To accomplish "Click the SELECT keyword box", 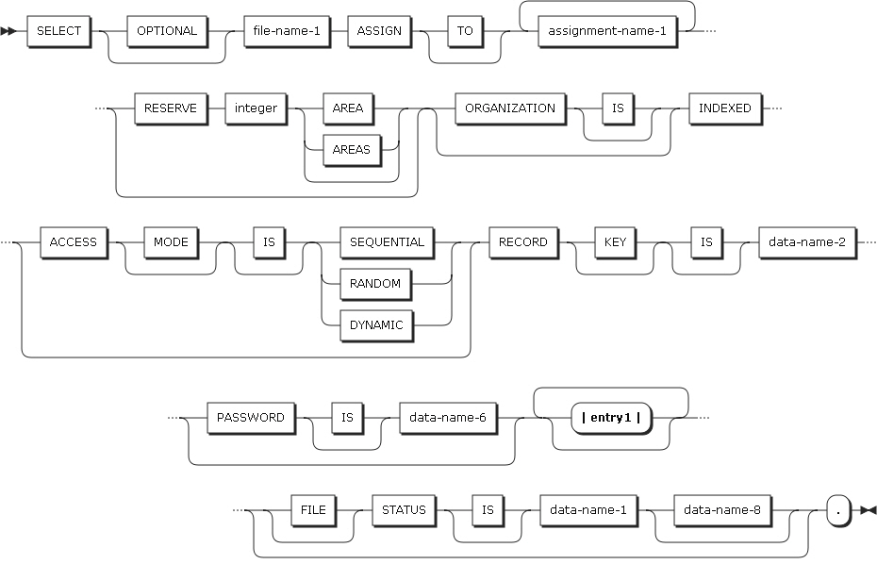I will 58,30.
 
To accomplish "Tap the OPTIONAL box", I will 167,30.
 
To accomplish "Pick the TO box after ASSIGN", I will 465,30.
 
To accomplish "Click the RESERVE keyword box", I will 170,108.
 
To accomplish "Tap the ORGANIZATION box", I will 510,108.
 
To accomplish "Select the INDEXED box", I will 724,108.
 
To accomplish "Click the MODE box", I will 171,241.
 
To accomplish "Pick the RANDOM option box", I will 375,283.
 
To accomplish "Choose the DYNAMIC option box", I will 376,324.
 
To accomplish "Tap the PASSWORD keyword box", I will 250,417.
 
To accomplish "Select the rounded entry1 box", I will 611,418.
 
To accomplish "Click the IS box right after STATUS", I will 488,509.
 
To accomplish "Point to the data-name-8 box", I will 721,509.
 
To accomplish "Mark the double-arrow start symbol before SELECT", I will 15,31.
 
